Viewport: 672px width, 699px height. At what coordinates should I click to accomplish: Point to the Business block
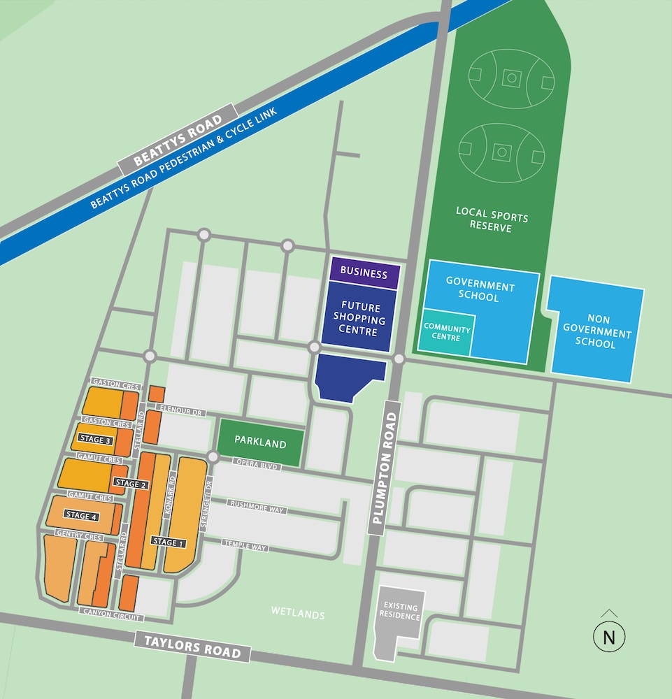click(x=364, y=273)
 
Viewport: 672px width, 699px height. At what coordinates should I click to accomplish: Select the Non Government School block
click(x=596, y=329)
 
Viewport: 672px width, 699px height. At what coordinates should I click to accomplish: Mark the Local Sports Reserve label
click(x=492, y=219)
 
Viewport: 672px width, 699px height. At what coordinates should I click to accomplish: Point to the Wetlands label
click(x=298, y=614)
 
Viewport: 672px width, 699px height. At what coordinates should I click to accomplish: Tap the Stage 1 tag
click(x=169, y=542)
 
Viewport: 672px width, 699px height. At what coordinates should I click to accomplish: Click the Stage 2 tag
click(x=131, y=484)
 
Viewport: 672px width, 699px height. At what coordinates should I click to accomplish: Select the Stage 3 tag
click(x=96, y=440)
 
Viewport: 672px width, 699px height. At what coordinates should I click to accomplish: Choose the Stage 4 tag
click(x=81, y=515)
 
